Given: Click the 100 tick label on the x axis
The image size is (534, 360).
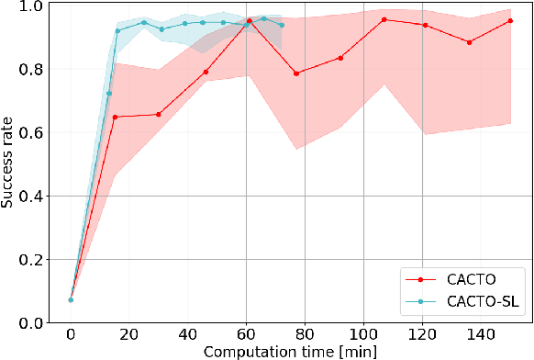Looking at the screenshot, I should [x=364, y=334].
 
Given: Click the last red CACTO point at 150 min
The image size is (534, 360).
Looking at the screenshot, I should [x=510, y=20].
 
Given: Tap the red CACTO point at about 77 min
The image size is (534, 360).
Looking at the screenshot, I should [x=295, y=73].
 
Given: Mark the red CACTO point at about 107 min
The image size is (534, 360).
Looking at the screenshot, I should [x=384, y=19].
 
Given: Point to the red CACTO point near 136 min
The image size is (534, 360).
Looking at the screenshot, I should [x=470, y=42].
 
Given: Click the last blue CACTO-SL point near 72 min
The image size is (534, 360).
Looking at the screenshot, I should [x=282, y=25].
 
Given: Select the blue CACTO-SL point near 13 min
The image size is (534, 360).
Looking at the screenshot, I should [x=109, y=94].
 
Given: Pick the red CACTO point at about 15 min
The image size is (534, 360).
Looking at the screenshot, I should [x=115, y=117].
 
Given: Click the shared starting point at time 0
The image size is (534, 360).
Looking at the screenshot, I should [x=71, y=299].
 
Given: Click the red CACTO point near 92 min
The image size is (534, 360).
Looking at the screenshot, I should [x=340, y=58].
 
